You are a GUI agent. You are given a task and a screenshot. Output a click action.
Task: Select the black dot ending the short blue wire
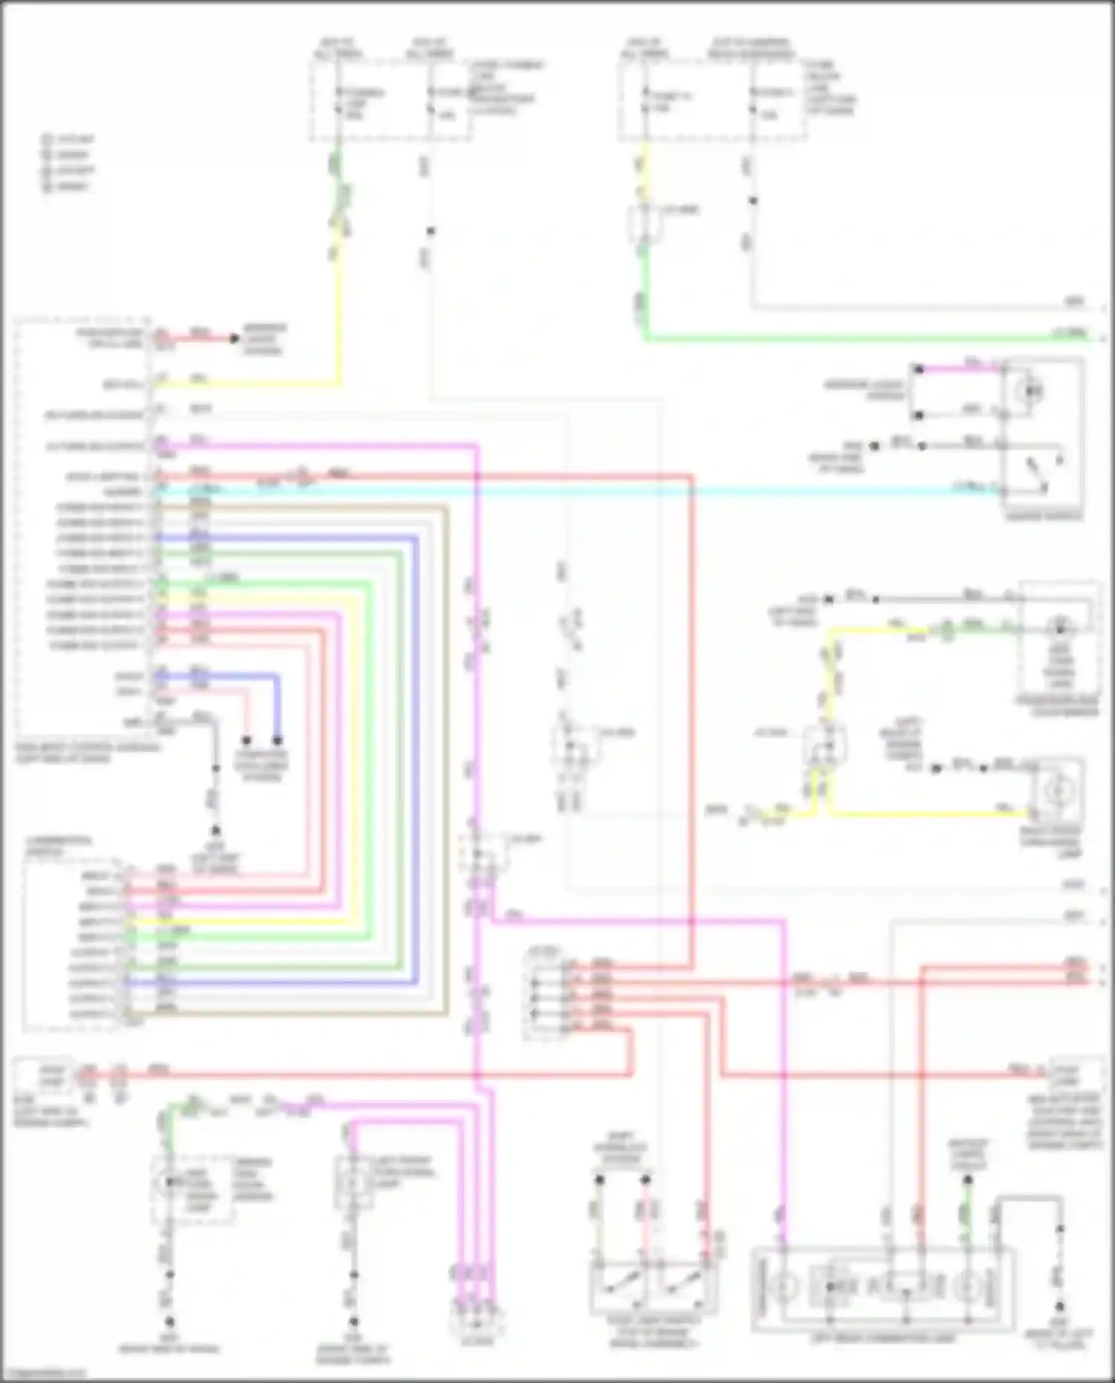(277, 740)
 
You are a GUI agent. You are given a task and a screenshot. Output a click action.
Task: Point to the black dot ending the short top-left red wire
(234, 339)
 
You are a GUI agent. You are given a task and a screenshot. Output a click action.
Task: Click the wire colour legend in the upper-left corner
(68, 163)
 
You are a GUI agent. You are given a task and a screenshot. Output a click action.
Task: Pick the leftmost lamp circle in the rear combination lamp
(785, 1285)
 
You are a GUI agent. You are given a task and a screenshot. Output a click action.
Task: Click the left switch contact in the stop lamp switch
(618, 1286)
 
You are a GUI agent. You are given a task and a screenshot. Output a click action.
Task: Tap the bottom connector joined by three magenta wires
(476, 1319)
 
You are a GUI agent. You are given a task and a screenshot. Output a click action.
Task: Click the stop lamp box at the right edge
(1073, 1073)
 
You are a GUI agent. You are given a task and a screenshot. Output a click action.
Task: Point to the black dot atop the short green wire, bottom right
(968, 1179)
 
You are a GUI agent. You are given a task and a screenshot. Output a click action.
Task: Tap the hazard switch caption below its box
(1044, 515)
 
